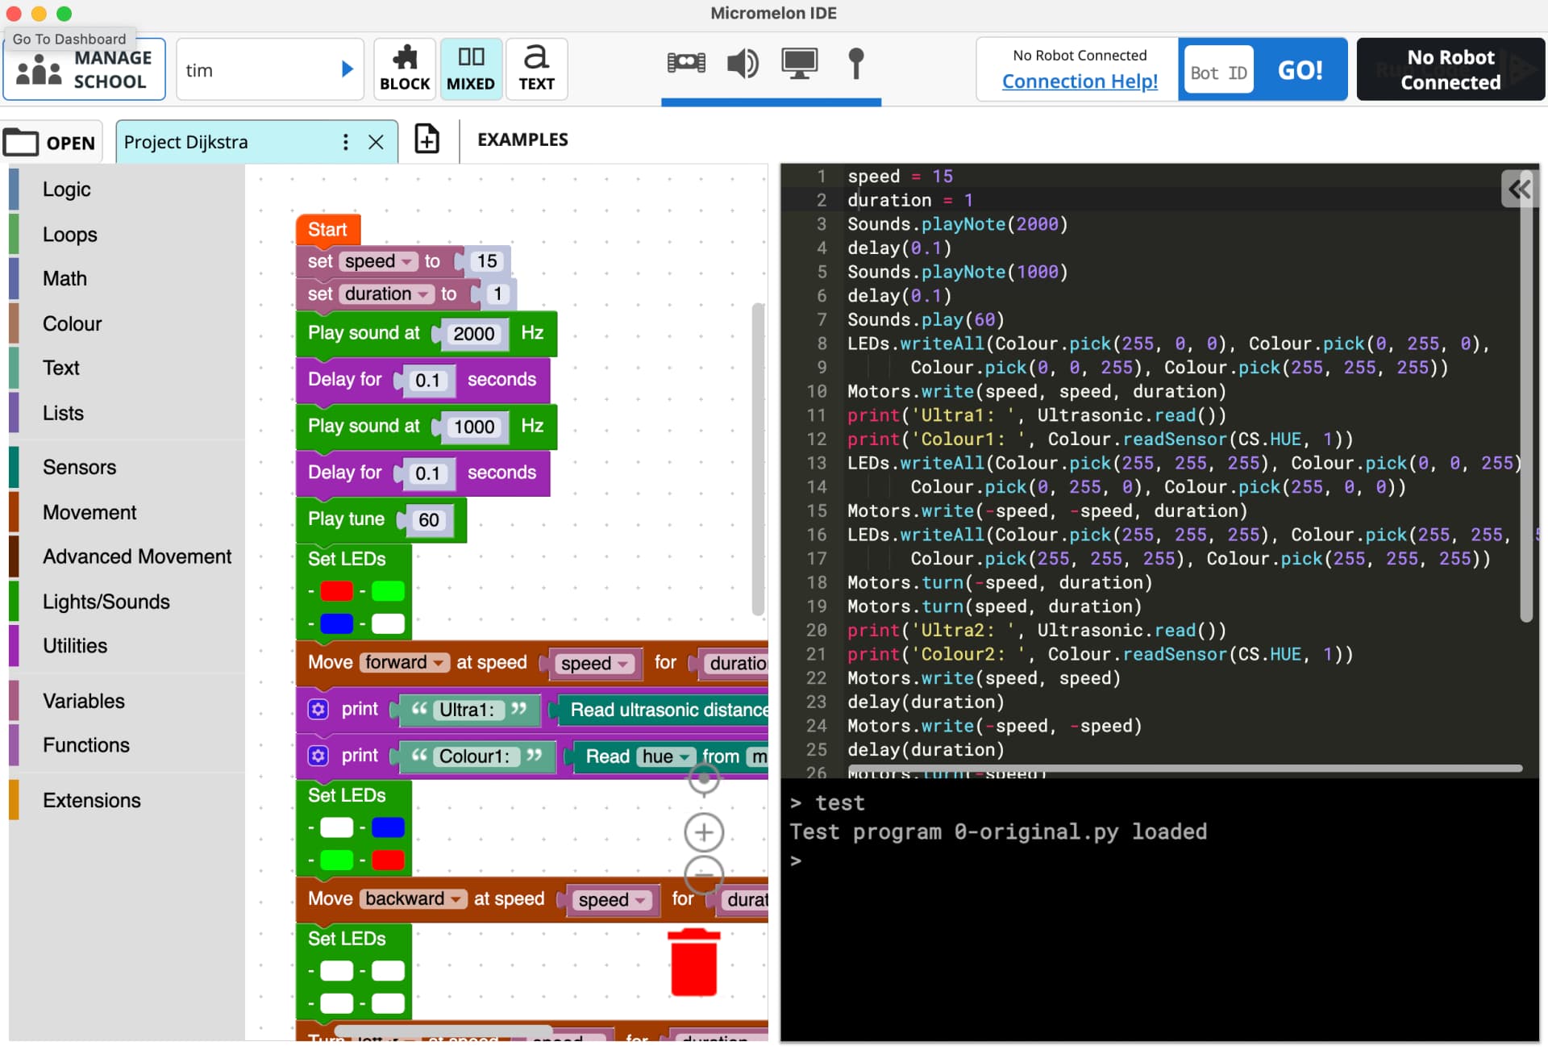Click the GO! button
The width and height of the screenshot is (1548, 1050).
(1299, 70)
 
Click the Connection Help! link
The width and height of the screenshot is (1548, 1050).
(1079, 81)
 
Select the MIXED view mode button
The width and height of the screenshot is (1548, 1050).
(470, 69)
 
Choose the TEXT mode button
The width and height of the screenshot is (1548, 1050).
(536, 69)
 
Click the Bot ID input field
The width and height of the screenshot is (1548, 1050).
(1217, 73)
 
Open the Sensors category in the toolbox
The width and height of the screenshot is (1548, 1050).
(79, 467)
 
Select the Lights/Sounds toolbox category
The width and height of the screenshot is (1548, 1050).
(106, 602)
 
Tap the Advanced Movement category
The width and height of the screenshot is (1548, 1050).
(136, 556)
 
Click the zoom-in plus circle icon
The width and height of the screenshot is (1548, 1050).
(703, 832)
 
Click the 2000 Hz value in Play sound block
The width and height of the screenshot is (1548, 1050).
(473, 334)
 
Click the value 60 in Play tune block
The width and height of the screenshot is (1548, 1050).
(428, 520)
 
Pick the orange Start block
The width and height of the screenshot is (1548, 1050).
(327, 230)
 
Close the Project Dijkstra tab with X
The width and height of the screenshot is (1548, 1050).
(376, 143)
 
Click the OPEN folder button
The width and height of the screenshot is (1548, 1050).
(52, 143)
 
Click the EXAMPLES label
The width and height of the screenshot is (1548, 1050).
(522, 140)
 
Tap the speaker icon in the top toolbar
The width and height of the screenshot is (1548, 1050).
(742, 63)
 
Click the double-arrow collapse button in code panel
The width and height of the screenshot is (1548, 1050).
(1519, 190)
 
